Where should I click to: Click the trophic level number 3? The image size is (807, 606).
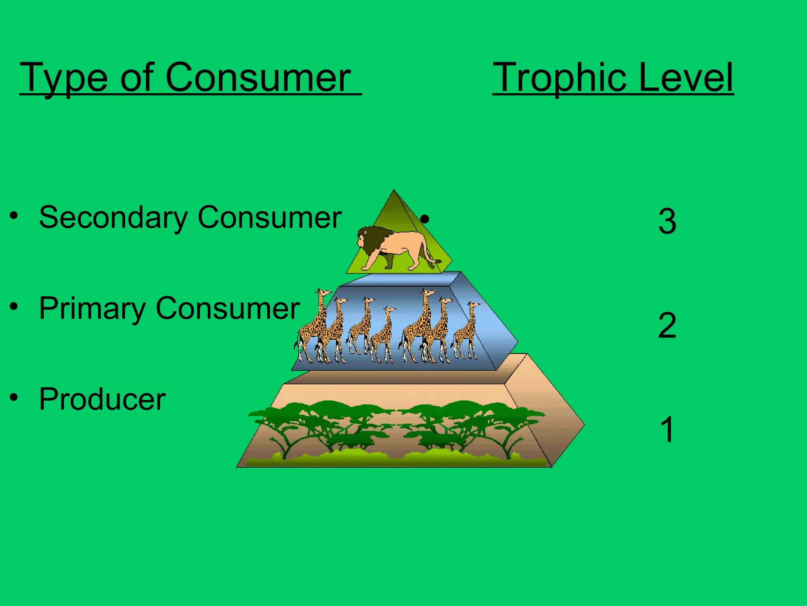pyautogui.click(x=667, y=221)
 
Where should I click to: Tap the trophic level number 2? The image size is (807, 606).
pyautogui.click(x=667, y=325)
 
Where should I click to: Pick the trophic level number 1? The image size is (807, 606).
pyautogui.click(x=667, y=430)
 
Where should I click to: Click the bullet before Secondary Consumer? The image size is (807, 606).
pyautogui.click(x=14, y=216)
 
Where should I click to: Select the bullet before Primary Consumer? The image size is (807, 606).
pyautogui.click(x=14, y=307)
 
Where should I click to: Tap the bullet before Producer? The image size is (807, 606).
pyautogui.click(x=14, y=397)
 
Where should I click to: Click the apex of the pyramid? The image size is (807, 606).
pyautogui.click(x=393, y=191)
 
